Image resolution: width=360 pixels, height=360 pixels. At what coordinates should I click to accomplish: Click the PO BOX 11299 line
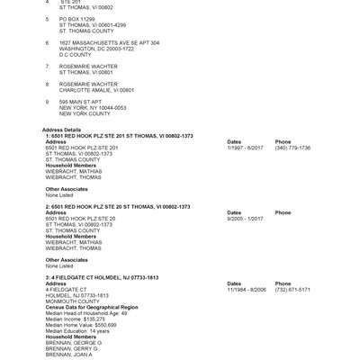(x=78, y=18)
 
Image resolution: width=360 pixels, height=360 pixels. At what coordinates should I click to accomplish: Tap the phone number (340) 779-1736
(x=292, y=148)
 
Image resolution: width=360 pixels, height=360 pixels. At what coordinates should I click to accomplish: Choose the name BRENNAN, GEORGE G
(x=74, y=343)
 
